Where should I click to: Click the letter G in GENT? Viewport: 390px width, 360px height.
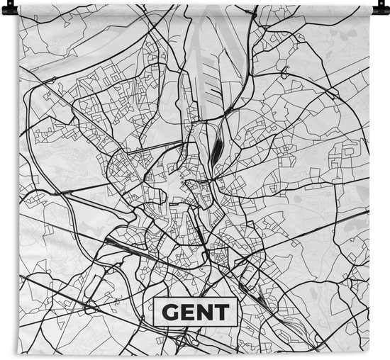tap(171, 311)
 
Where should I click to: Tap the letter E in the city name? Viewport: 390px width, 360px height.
tap(188, 311)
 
